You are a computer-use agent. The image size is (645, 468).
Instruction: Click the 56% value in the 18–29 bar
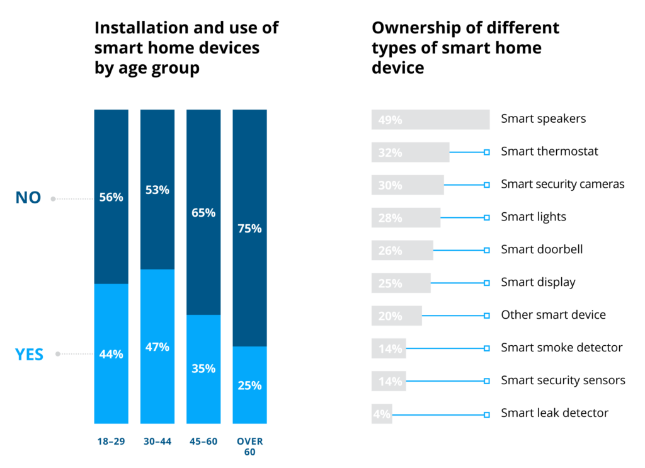click(111, 197)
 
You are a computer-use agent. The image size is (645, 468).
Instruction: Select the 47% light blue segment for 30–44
click(157, 346)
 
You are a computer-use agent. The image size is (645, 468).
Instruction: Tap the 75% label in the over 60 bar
click(249, 229)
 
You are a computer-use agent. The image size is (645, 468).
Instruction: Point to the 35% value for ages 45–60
click(203, 368)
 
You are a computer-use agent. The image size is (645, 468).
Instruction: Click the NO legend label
click(28, 198)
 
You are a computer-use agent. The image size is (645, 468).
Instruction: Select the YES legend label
click(29, 355)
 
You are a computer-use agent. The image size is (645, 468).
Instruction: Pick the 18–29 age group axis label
click(111, 442)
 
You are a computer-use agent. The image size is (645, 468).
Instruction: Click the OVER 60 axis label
click(249, 446)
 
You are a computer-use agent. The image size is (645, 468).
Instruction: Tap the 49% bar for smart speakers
click(430, 119)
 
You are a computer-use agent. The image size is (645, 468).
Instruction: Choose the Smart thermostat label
click(549, 152)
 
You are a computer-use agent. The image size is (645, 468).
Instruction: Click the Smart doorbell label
click(542, 249)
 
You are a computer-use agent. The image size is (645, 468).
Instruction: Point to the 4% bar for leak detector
click(382, 414)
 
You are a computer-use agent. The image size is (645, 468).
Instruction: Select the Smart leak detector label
click(554, 413)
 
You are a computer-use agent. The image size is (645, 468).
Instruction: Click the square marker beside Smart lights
click(486, 217)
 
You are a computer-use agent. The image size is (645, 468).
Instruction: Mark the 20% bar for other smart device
click(397, 316)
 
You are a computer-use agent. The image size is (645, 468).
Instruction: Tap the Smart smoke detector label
click(561, 348)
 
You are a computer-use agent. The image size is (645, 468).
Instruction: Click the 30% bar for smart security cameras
click(408, 185)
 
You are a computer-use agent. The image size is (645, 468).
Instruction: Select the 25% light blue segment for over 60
click(249, 385)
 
